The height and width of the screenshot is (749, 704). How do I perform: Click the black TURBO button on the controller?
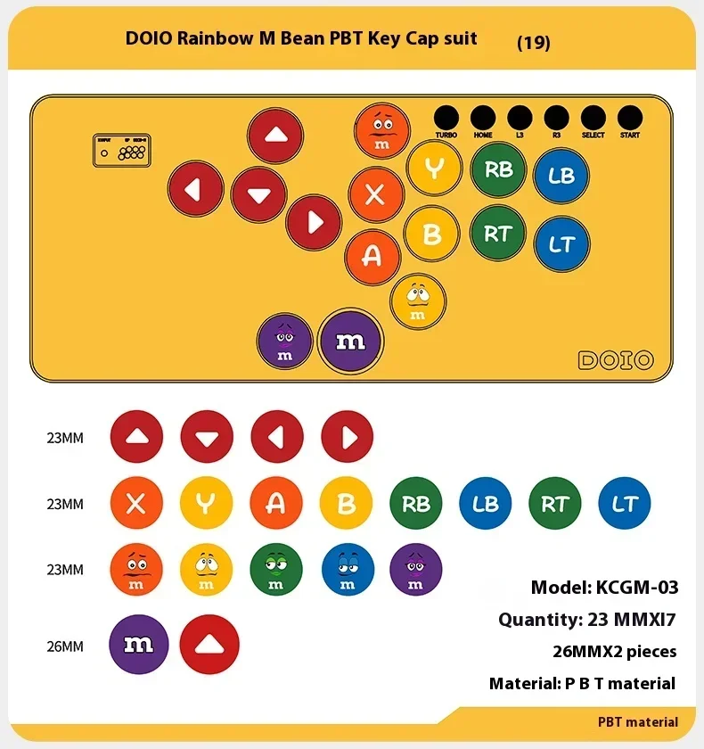(446, 118)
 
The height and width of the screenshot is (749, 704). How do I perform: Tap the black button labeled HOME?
(483, 118)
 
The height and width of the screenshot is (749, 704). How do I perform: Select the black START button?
(629, 118)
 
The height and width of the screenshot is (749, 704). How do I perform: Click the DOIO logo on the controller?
(616, 360)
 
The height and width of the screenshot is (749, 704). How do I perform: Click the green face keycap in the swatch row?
(276, 569)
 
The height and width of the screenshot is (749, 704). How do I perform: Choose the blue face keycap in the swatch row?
(347, 569)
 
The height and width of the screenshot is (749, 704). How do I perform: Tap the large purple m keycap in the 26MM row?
(139, 645)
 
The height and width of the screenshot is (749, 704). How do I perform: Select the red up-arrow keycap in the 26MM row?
(209, 645)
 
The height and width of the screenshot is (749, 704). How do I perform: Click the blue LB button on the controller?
(561, 176)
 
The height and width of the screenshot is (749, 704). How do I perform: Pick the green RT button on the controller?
(498, 234)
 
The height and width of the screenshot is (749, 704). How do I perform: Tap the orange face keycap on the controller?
(382, 132)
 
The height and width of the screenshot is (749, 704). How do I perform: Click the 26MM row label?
(65, 646)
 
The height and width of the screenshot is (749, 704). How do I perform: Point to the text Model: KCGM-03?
(604, 587)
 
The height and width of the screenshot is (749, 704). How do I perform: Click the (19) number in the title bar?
(534, 42)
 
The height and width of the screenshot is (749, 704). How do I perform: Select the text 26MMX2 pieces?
(614, 651)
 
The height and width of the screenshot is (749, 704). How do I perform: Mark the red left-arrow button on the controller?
(196, 188)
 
